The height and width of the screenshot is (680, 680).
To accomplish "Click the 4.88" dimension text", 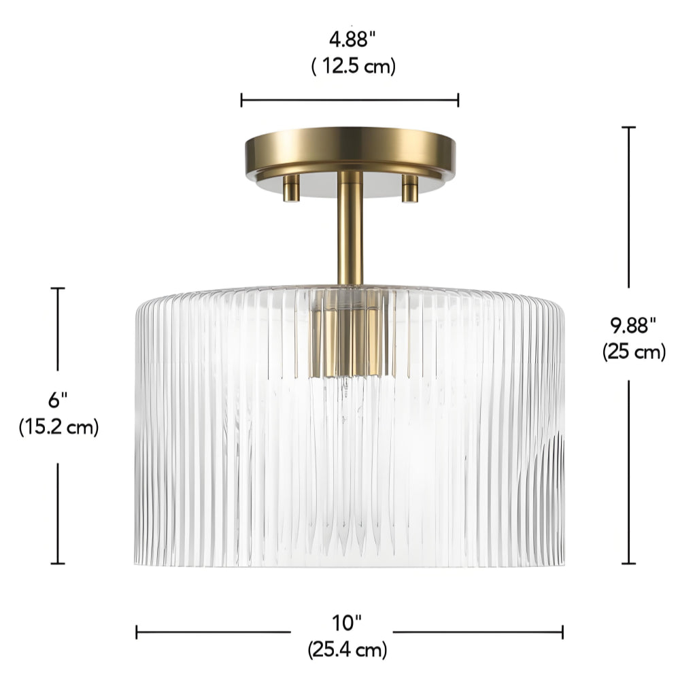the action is pyautogui.click(x=352, y=40).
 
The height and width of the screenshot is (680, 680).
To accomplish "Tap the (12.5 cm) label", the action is pyautogui.click(x=354, y=67).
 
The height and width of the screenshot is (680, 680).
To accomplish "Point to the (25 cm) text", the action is pyautogui.click(x=634, y=352).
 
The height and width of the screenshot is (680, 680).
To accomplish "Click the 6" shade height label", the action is pyautogui.click(x=58, y=400).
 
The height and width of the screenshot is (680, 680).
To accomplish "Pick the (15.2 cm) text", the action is pyautogui.click(x=58, y=427).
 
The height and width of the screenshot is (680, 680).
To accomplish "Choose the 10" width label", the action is pyautogui.click(x=347, y=623).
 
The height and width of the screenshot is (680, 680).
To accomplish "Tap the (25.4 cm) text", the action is pyautogui.click(x=347, y=650).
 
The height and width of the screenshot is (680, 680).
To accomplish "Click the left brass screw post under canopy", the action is pyautogui.click(x=292, y=188).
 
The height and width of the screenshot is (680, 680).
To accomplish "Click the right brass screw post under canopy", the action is pyautogui.click(x=410, y=188).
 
